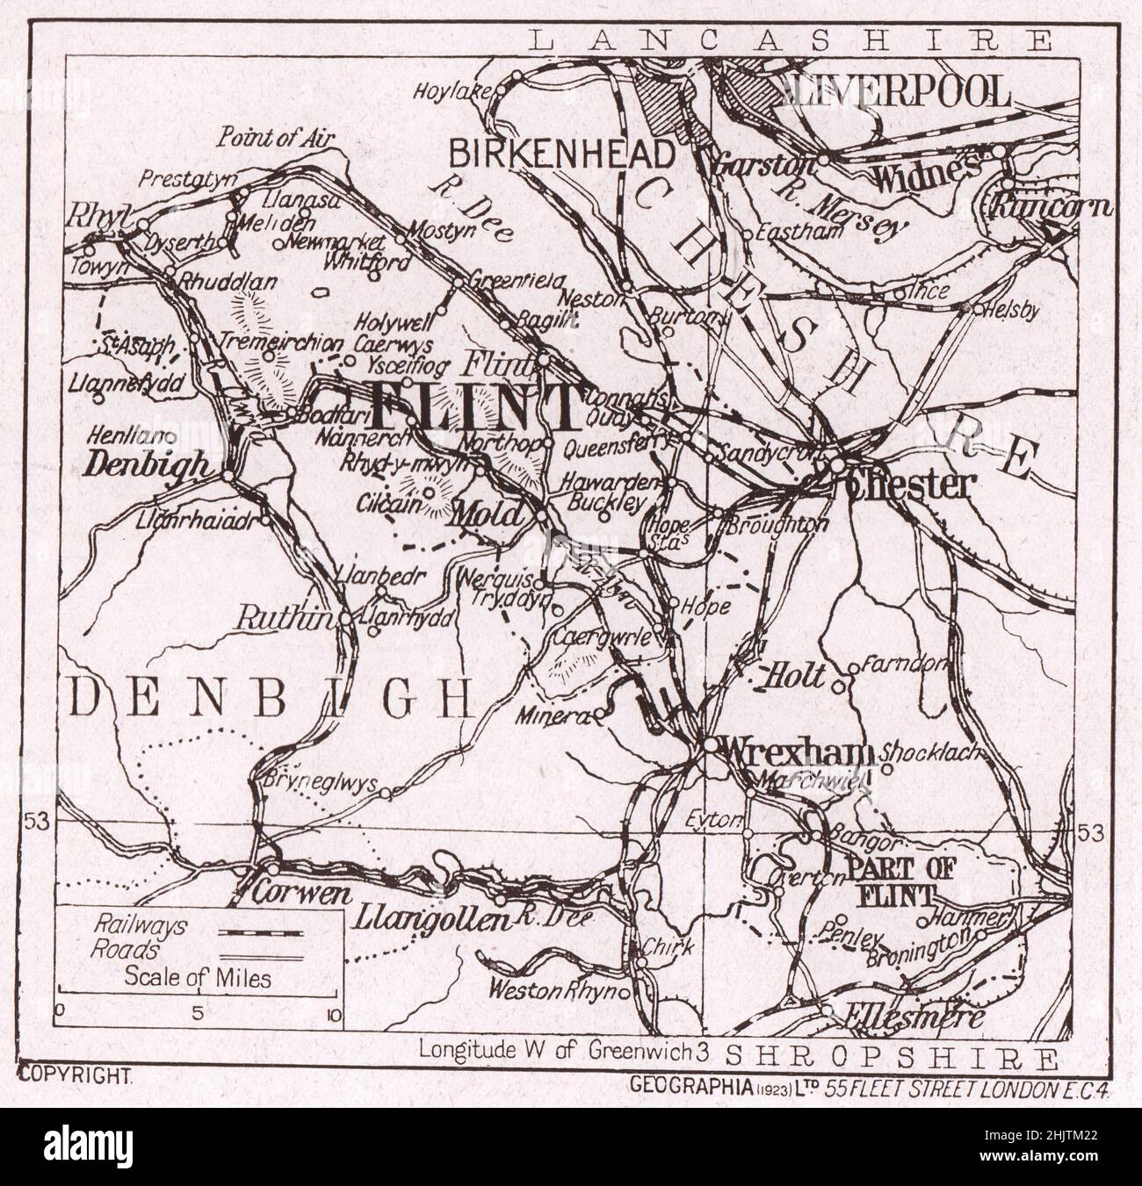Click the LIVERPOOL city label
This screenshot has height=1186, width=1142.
(x=900, y=91)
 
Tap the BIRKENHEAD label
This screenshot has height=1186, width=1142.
(x=562, y=154)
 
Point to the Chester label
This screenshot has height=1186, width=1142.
(x=910, y=485)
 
